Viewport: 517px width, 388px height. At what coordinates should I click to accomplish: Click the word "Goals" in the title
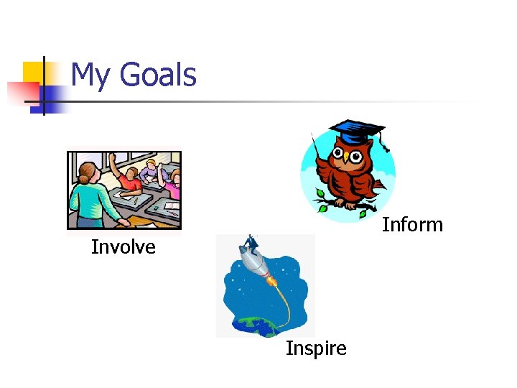[157, 75]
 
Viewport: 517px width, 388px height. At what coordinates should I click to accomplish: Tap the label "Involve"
[123, 247]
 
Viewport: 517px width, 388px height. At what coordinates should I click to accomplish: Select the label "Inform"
[412, 225]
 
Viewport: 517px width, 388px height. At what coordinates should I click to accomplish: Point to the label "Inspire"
[316, 348]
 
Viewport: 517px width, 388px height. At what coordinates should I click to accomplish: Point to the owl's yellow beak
[346, 155]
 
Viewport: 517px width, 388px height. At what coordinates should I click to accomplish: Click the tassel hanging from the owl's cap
[385, 144]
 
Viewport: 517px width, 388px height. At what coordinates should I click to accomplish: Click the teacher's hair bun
[85, 171]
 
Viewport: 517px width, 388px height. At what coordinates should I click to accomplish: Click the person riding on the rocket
[251, 243]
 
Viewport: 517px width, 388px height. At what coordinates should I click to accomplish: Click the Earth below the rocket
[258, 327]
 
